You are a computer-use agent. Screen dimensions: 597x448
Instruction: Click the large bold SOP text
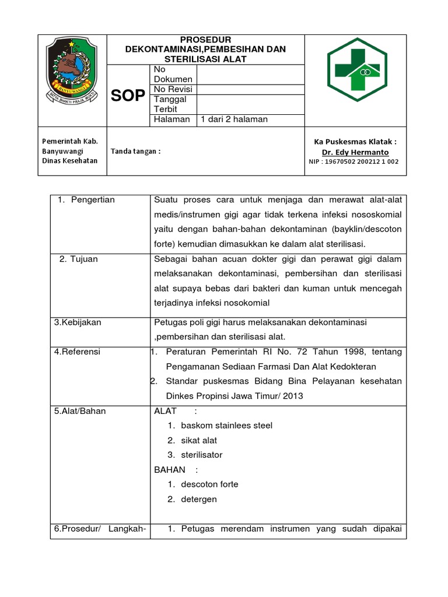(128, 96)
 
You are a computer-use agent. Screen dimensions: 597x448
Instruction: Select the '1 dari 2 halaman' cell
(233, 120)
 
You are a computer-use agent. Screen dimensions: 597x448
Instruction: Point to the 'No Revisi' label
(173, 89)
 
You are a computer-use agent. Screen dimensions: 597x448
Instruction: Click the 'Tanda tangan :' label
(135, 151)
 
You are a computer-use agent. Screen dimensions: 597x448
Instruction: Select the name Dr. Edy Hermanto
(355, 152)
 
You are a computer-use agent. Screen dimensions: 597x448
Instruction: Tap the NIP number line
(354, 161)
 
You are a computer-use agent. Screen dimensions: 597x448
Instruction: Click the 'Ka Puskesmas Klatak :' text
(355, 142)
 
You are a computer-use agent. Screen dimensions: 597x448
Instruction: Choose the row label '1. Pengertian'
(86, 200)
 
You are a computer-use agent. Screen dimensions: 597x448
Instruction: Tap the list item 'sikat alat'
(199, 440)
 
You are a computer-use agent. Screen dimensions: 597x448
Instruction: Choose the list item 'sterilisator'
(202, 455)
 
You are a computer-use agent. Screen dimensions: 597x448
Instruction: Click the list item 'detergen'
(199, 499)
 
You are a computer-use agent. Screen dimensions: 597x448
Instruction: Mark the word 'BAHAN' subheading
(170, 469)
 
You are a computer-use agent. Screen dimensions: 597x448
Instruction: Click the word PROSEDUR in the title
(205, 39)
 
